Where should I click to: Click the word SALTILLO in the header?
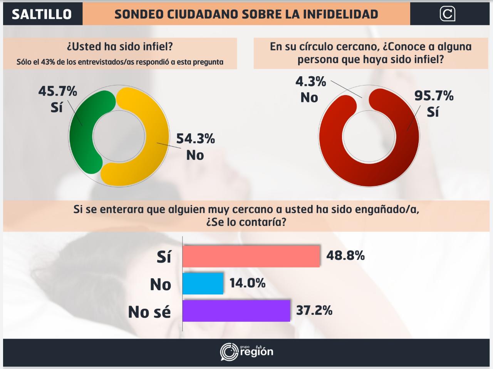pyautogui.click(x=42, y=14)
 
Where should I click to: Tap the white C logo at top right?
pyautogui.click(x=447, y=14)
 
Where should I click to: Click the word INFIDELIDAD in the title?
pyautogui.click(x=340, y=14)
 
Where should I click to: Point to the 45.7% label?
pyautogui.click(x=58, y=92)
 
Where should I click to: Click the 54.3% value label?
pyautogui.click(x=195, y=139)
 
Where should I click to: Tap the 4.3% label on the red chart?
pyautogui.click(x=310, y=82)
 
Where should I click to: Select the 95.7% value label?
pyautogui.click(x=434, y=95)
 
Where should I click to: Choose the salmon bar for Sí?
pyautogui.click(x=251, y=256)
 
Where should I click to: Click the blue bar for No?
pyautogui.click(x=203, y=284)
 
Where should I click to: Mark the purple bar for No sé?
pyautogui.click(x=236, y=311)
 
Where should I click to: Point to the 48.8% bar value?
pyautogui.click(x=345, y=255)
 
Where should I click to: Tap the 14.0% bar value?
pyautogui.click(x=247, y=283)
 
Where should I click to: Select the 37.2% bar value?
pyautogui.click(x=314, y=311)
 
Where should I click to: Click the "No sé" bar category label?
pyautogui.click(x=149, y=312)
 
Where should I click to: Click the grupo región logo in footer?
pyautogui.click(x=246, y=351)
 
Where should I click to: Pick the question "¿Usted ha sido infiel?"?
pyautogui.click(x=120, y=47)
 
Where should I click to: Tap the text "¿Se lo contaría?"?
pyautogui.click(x=246, y=222)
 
